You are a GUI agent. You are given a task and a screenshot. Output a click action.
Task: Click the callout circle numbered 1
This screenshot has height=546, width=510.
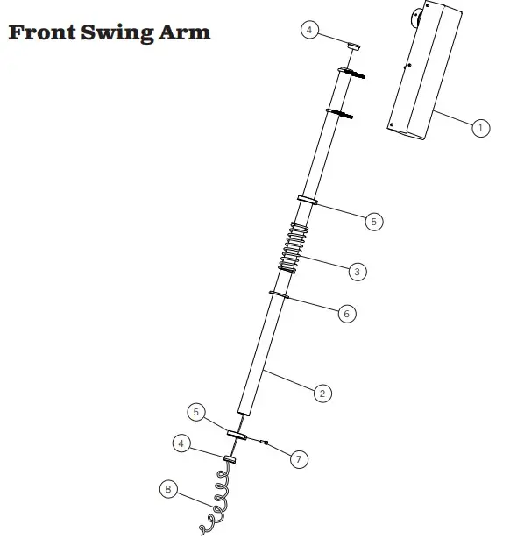pos(481,128)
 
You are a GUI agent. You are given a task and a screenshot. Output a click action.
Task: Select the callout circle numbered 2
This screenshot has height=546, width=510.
pos(322,394)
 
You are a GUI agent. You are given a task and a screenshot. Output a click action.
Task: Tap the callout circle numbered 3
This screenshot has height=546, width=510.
pos(358,272)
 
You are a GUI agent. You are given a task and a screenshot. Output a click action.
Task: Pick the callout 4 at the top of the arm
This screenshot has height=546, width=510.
pos(309,30)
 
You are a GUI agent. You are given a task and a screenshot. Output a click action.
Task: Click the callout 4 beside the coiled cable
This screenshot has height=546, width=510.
pos(181,443)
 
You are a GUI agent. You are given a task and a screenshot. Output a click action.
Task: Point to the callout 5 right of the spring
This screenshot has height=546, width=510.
pos(374,222)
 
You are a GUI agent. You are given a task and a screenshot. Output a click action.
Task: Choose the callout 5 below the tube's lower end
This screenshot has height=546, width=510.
pos(196,412)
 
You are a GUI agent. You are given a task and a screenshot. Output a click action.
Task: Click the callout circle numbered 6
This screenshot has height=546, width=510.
pos(347,314)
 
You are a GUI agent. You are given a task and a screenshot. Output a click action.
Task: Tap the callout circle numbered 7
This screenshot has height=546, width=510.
pos(299,459)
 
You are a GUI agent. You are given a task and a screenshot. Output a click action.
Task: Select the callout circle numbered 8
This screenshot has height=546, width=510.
pos(168,489)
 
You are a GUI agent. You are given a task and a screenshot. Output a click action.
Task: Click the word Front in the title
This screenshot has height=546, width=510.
pos(42,32)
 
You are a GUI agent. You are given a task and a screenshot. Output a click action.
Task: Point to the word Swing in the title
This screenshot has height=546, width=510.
pos(117,33)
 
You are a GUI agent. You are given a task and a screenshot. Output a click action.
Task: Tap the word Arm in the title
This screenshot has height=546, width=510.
pos(185,32)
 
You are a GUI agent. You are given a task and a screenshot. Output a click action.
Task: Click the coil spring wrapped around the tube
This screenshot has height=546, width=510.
pos(294,248)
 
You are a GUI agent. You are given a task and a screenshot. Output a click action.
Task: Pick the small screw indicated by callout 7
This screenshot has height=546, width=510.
pos(265,442)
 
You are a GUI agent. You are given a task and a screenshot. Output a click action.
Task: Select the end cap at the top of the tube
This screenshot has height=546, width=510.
pos(354,46)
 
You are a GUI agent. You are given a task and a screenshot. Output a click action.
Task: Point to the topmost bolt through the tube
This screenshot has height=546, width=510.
pos(351,73)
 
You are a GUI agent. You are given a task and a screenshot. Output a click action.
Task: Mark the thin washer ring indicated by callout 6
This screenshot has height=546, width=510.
pos(279,294)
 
